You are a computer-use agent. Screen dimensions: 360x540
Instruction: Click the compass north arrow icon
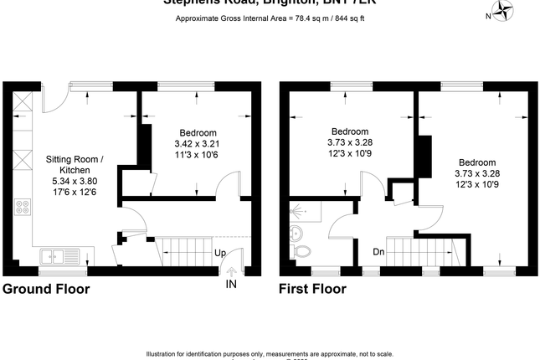(x=504, y=11)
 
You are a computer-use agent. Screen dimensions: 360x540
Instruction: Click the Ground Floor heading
(x=46, y=290)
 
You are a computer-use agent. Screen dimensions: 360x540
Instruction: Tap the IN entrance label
(x=231, y=285)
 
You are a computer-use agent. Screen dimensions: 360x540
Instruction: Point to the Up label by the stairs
(x=219, y=252)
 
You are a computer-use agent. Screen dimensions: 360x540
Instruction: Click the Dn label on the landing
(x=379, y=252)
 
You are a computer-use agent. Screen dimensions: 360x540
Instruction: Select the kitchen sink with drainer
(x=59, y=255)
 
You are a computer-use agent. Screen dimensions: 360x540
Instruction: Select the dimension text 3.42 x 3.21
(x=198, y=143)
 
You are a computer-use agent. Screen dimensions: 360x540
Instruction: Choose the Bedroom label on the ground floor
(x=198, y=132)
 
